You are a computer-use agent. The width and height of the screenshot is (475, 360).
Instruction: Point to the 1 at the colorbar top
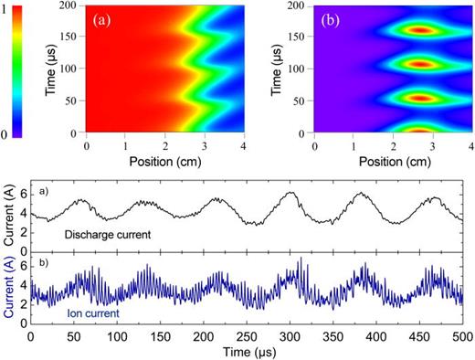coord(8,7)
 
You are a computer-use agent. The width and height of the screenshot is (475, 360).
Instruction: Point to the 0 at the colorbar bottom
coord(8,134)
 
